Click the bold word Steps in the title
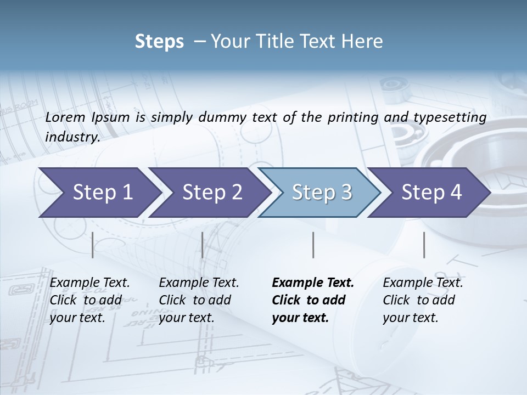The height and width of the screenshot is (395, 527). tap(159, 42)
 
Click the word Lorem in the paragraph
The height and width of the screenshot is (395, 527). tap(65, 117)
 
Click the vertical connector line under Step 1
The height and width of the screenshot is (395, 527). tap(93, 245)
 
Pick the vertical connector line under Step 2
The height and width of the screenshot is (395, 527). tap(203, 245)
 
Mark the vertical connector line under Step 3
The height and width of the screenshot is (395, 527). tap(313, 245)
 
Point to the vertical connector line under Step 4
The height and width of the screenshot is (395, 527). tap(424, 245)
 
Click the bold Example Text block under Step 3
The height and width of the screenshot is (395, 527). tap(312, 300)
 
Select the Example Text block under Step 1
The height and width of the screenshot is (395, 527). tap(89, 300)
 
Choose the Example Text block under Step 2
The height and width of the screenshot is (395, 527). tap(199, 300)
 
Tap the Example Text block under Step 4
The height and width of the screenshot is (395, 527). tap(423, 300)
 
